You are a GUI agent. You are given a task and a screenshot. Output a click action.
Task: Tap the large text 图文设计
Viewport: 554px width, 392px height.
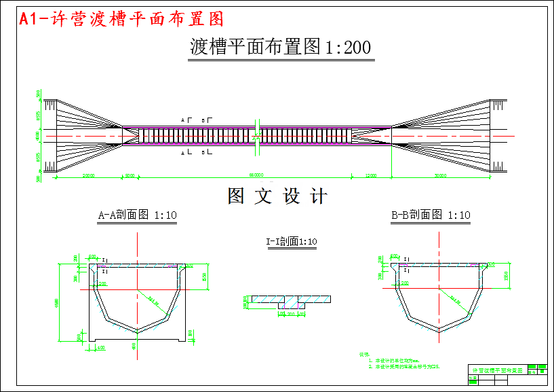click(x=277, y=196)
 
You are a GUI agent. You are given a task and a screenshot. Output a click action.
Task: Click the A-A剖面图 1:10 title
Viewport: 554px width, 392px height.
click(x=138, y=215)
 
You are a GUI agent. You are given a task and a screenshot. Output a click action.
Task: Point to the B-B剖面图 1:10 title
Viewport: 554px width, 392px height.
click(x=431, y=215)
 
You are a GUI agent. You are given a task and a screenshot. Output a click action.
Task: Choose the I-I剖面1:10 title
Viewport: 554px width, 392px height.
click(x=292, y=241)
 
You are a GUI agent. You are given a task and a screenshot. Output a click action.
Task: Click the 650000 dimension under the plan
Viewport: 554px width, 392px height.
click(x=256, y=175)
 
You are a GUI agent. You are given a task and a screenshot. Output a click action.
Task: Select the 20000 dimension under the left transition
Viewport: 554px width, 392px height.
click(x=89, y=175)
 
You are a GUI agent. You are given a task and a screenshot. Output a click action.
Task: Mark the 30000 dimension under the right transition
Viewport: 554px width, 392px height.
click(x=440, y=175)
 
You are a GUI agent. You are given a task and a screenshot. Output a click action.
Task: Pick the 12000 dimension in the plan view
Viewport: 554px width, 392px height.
click(x=371, y=175)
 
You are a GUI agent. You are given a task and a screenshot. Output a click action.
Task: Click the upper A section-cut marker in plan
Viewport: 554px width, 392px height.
click(x=182, y=120)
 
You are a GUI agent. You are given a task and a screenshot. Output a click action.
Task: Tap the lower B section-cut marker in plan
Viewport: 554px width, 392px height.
click(x=203, y=154)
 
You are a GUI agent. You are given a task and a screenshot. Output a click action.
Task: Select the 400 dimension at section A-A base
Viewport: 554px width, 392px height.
click(x=101, y=347)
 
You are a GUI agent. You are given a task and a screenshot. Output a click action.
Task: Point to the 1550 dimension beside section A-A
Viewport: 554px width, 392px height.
click(x=205, y=275)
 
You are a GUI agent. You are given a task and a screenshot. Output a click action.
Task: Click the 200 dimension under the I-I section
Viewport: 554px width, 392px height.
click(x=292, y=315)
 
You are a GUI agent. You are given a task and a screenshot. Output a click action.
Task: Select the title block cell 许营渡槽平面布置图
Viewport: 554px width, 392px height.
click(x=496, y=370)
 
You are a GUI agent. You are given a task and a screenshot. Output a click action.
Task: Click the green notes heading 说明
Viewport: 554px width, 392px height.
click(x=363, y=355)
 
